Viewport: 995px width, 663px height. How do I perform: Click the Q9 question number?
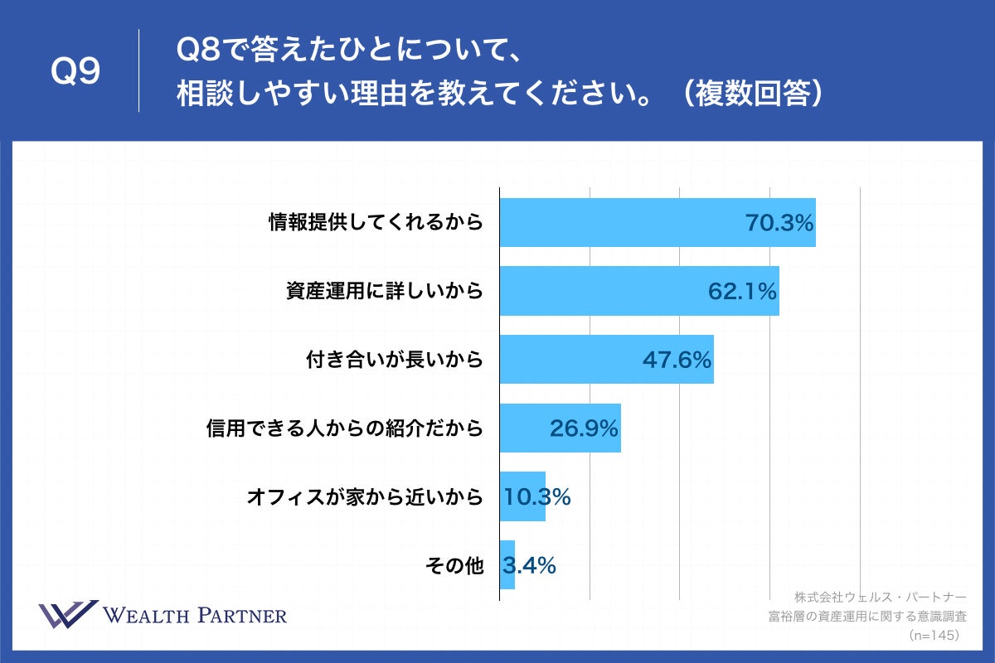[x=75, y=72]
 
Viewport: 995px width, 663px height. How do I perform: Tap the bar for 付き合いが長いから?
[x=572, y=360]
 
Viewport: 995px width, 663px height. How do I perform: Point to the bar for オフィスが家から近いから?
[x=522, y=496]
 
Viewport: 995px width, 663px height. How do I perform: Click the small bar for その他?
[x=507, y=565]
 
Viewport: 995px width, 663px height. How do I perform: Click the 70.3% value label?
[x=779, y=222]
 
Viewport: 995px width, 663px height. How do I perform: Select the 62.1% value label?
[x=742, y=291]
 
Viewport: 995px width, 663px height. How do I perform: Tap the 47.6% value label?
[x=677, y=360]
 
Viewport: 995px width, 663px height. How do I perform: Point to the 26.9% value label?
[x=585, y=428]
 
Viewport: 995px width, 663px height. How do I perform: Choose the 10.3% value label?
[x=537, y=496]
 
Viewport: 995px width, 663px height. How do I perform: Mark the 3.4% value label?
[x=529, y=565]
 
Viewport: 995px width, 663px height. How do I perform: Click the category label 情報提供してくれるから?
[x=376, y=222]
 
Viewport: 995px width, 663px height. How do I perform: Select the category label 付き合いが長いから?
[x=394, y=360]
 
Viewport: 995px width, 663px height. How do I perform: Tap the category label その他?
[x=454, y=565]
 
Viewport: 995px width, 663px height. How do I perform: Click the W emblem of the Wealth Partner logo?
[x=67, y=614]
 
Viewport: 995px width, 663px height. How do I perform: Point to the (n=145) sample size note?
[x=934, y=635]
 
